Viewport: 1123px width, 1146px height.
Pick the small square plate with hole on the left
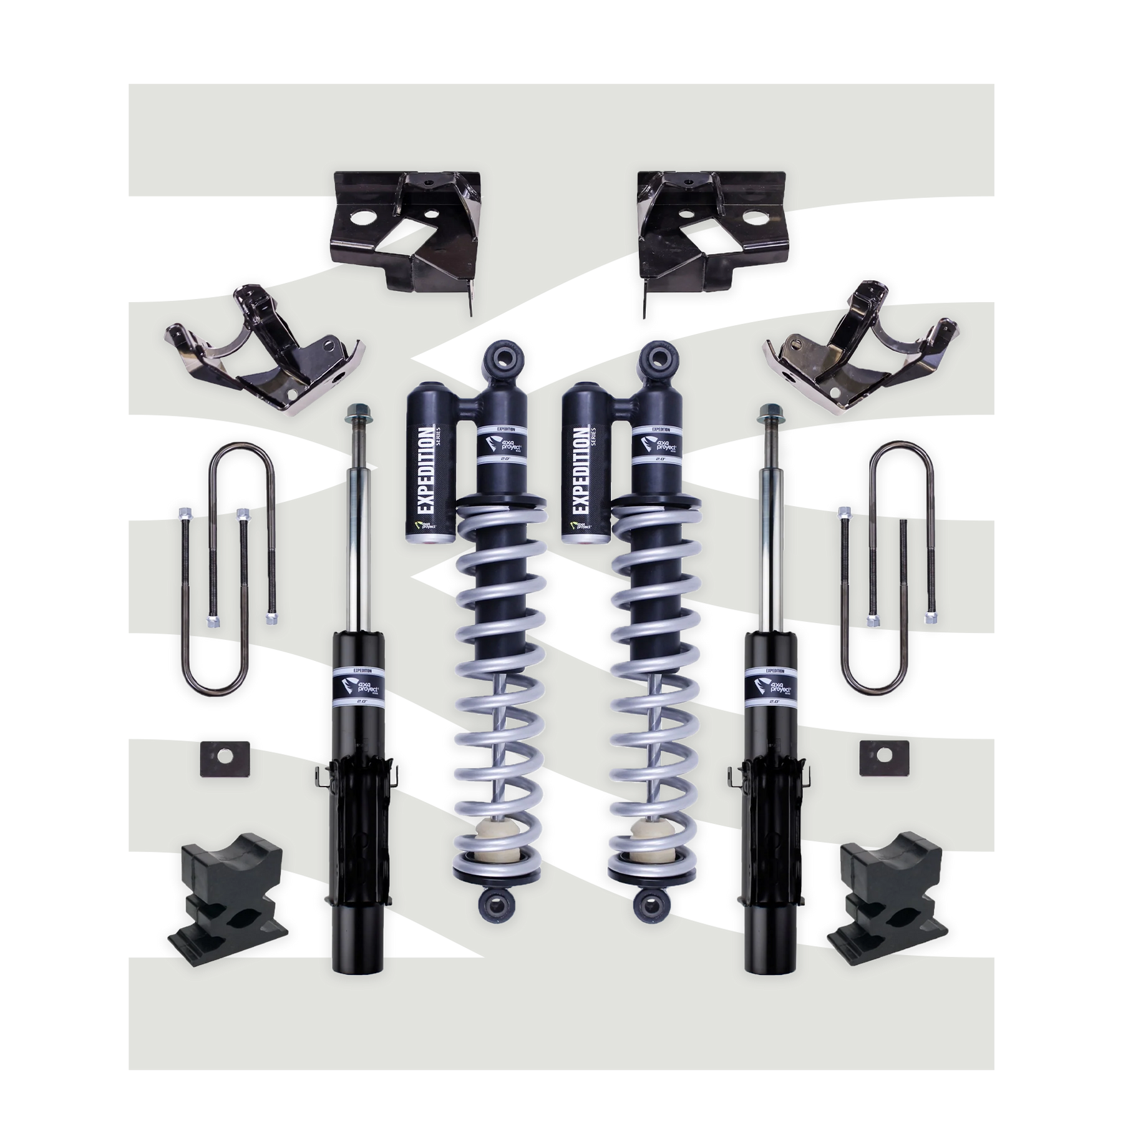[x=216, y=759]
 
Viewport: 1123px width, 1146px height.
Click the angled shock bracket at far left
[x=256, y=356]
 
